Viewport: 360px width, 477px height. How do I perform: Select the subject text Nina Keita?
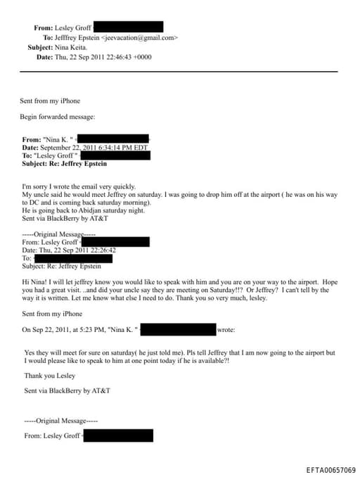(72, 47)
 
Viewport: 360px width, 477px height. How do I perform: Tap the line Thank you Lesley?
(49, 376)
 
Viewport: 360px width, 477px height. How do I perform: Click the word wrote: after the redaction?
(226, 329)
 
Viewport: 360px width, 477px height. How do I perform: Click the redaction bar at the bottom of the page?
(118, 436)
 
